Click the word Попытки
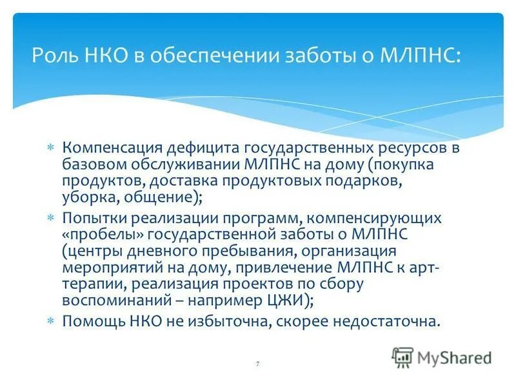pyautogui.click(x=93, y=218)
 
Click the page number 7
pyautogui.click(x=257, y=364)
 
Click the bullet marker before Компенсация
pyautogui.click(x=52, y=149)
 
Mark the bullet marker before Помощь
pyautogui.click(x=52, y=319)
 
